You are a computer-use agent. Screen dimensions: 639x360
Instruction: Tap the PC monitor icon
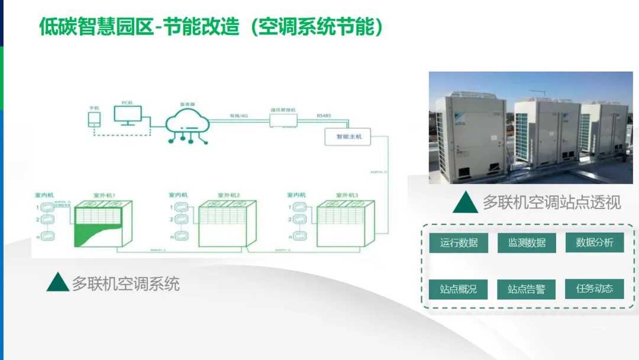(128, 115)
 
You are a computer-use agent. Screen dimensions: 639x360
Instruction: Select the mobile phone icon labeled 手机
(93, 119)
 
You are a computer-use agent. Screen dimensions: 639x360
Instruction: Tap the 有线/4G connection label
(239, 115)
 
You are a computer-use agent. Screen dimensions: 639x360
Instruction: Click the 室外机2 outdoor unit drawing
(227, 223)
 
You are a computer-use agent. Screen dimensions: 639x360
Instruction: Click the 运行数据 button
(459, 243)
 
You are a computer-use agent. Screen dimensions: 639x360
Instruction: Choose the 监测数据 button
(527, 243)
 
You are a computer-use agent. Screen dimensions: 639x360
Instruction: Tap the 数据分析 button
(594, 242)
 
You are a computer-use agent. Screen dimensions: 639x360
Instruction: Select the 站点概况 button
(459, 290)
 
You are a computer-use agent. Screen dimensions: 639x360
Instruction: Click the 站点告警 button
(527, 290)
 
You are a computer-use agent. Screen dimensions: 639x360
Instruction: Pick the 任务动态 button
(594, 289)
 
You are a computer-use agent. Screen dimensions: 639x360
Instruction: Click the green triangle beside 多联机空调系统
(57, 283)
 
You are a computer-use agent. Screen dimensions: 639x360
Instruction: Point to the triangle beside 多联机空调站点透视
(465, 202)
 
